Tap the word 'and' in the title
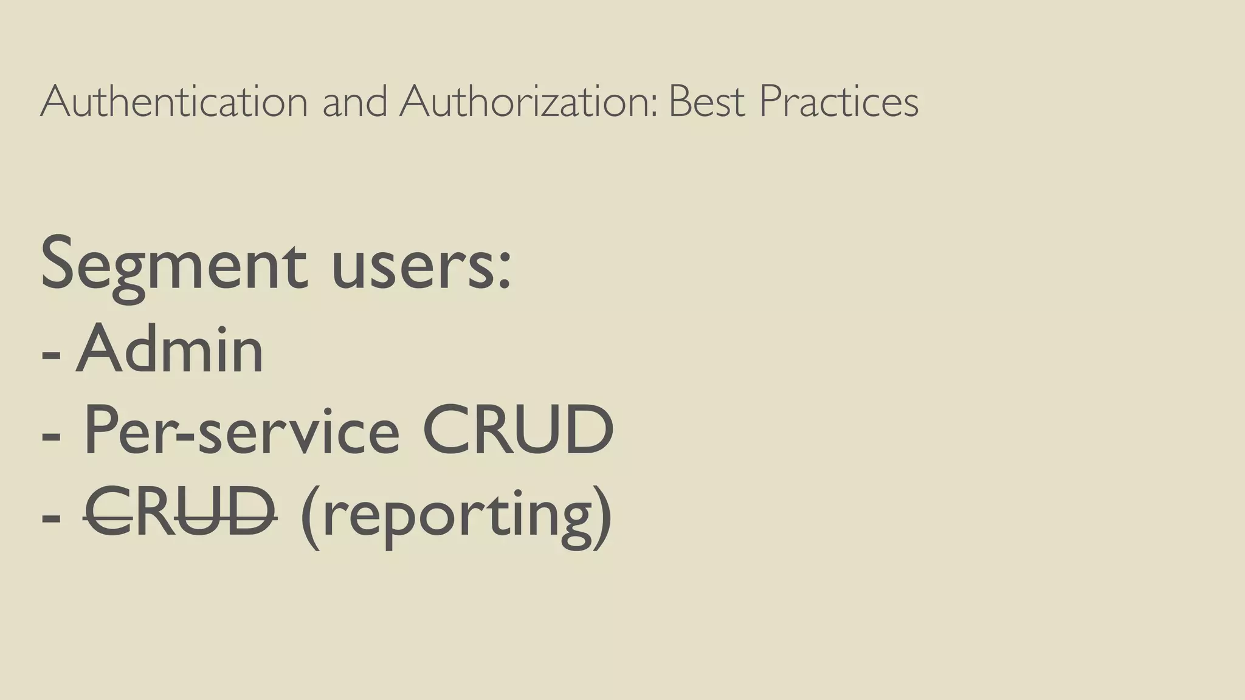354,101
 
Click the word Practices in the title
839,101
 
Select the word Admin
170,349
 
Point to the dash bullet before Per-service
51,437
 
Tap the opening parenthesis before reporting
310,516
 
